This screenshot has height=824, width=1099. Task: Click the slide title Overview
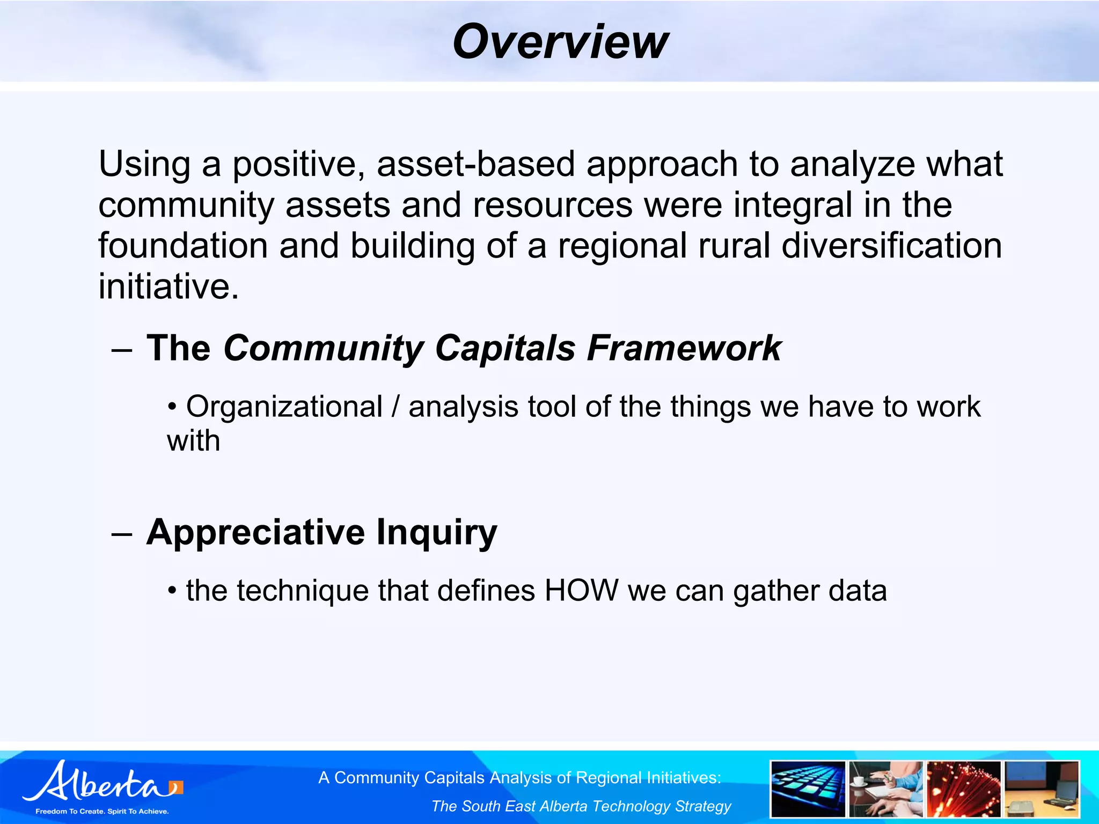pyautogui.click(x=560, y=42)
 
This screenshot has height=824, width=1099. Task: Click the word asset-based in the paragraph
pyautogui.click(x=475, y=164)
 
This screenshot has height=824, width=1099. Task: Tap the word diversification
pyautogui.click(x=891, y=246)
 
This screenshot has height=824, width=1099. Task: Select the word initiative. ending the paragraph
pyautogui.click(x=168, y=286)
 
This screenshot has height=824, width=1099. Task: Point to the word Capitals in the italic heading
pyautogui.click(x=505, y=348)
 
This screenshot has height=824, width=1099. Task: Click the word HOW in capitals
pyautogui.click(x=582, y=591)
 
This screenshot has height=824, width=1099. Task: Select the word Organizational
pyautogui.click(x=284, y=407)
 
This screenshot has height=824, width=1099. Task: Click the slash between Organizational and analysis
pyautogui.click(x=395, y=407)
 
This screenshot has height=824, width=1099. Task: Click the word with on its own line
pyautogui.click(x=193, y=441)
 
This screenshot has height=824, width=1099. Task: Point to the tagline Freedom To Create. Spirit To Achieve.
pyautogui.click(x=102, y=811)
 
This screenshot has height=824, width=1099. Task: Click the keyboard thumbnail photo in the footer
pyautogui.click(x=808, y=789)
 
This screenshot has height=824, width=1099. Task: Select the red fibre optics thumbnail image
pyautogui.click(x=963, y=789)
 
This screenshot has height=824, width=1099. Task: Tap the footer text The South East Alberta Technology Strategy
pyautogui.click(x=581, y=806)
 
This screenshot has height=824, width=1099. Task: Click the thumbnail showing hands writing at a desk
pyautogui.click(x=885, y=789)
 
